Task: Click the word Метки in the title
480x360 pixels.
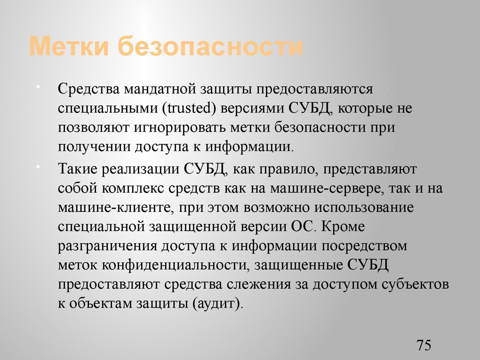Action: [69, 48]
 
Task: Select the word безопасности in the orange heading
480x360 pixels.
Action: [209, 48]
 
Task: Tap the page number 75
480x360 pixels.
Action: [423, 346]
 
